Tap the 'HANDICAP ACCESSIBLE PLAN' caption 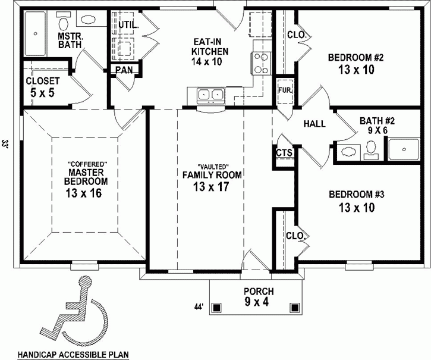click(x=73, y=354)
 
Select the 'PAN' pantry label click(x=124, y=70)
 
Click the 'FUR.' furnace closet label click(x=284, y=90)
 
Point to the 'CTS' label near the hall click(x=284, y=153)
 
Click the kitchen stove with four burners click(x=262, y=62)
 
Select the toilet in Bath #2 click(x=372, y=149)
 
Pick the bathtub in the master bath click(x=37, y=33)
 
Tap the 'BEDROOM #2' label click(x=356, y=58)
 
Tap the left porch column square click(x=218, y=308)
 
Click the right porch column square click(x=294, y=308)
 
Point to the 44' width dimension click(x=199, y=307)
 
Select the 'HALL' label click(x=314, y=124)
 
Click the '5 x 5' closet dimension click(x=43, y=92)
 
